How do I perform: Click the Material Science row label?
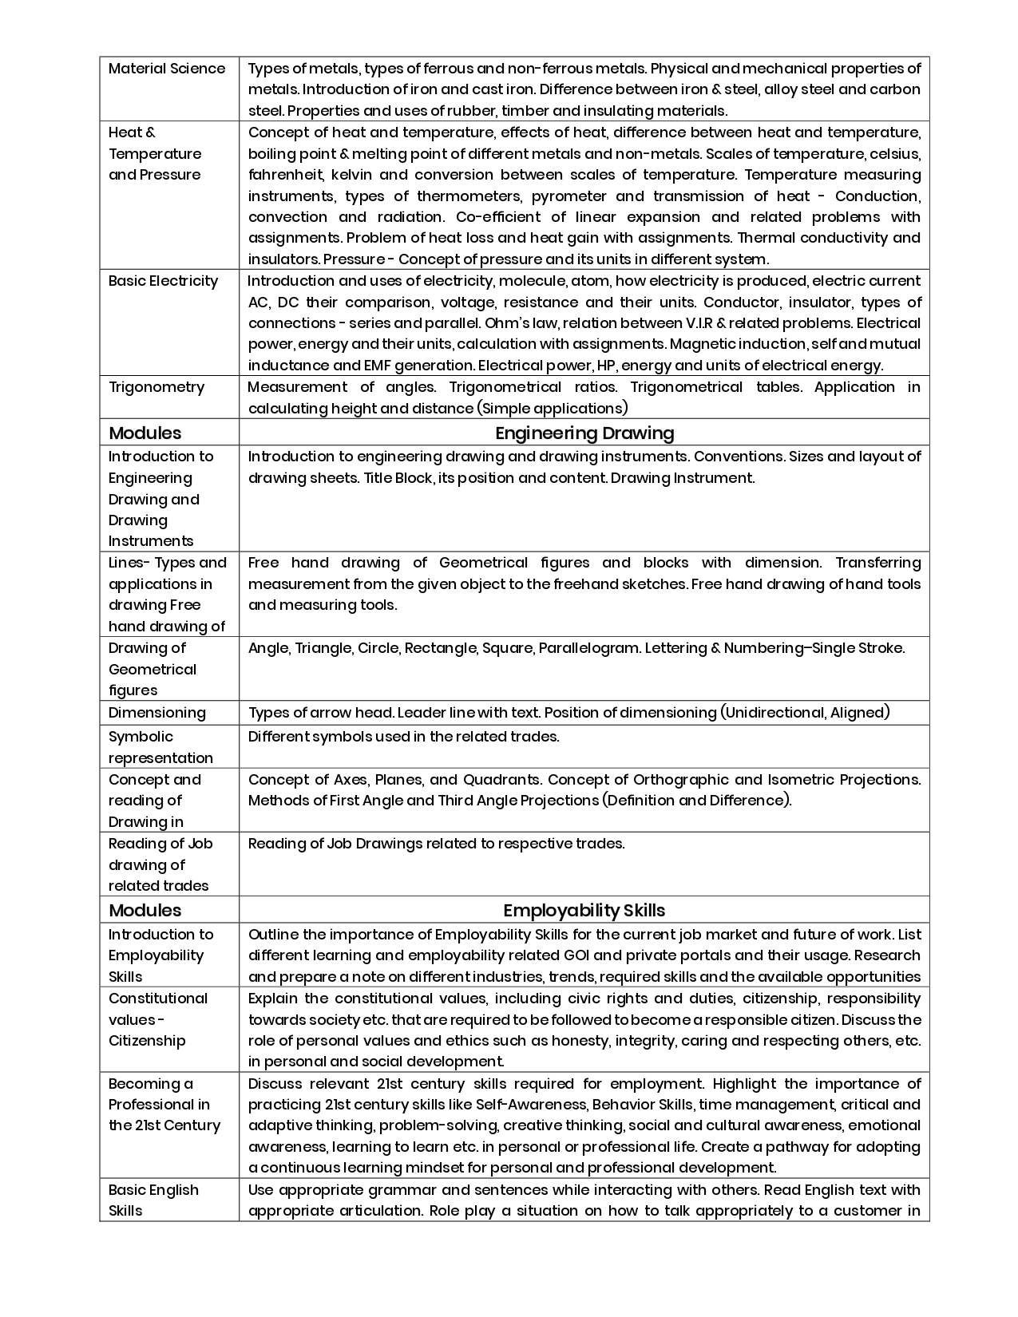167,69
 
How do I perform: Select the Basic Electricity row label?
163,281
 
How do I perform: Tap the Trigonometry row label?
156,387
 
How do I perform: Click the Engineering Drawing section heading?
584,433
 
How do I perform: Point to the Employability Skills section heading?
584,911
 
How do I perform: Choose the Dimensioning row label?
157,713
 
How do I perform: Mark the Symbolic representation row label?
160,747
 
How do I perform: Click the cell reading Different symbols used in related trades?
403,737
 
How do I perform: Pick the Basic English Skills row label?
153,1200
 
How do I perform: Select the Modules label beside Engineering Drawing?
145,433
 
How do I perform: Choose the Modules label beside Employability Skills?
145,911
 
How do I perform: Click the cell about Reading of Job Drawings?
436,844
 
